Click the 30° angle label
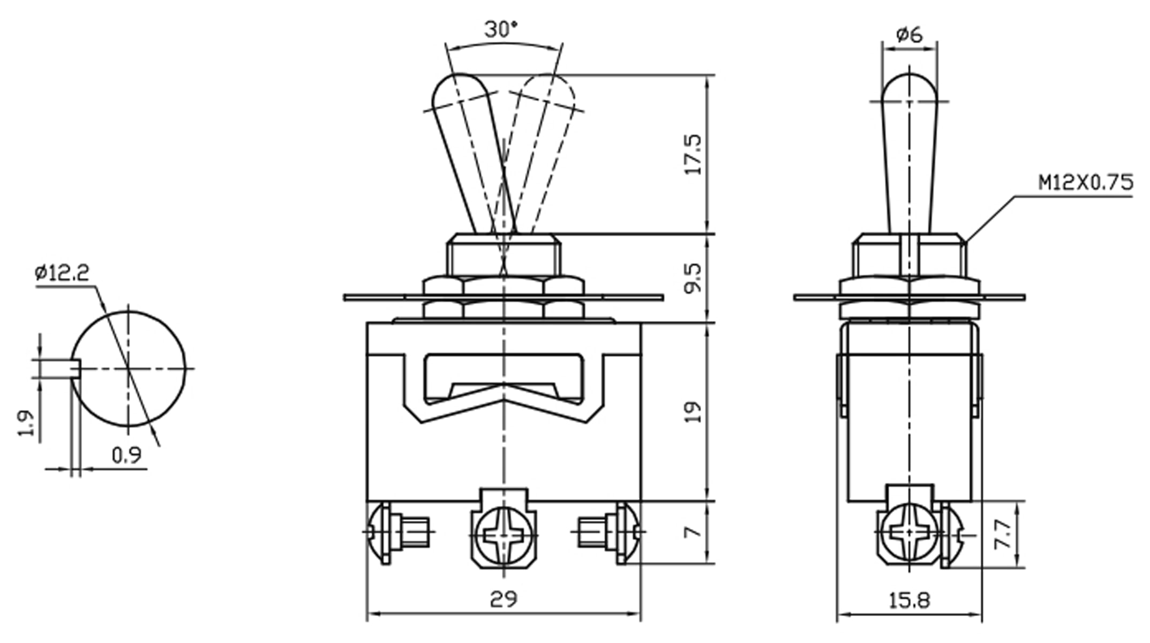point(501,30)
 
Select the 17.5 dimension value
point(694,154)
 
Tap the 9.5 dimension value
point(693,278)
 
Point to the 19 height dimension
point(693,412)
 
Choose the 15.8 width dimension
point(909,601)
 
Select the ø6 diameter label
point(910,35)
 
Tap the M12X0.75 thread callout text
point(1086,183)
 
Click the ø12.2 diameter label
point(62,273)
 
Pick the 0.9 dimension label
point(126,455)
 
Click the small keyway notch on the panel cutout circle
point(76,368)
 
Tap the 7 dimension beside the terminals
point(693,532)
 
